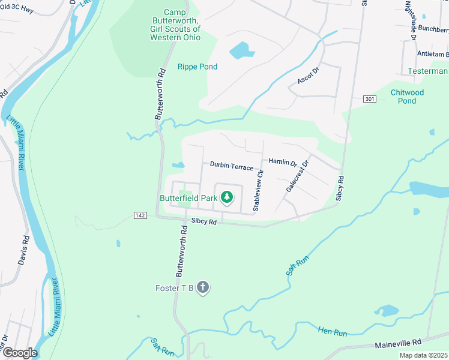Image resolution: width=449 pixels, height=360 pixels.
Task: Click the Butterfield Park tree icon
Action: pos(227,197)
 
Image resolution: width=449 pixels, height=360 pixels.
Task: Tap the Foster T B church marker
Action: pos(203,288)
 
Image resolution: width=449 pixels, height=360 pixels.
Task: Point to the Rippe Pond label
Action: pos(197,67)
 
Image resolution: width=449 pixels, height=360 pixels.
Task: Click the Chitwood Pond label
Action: pos(407,97)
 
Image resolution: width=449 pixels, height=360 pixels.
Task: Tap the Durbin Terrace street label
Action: pos(231,165)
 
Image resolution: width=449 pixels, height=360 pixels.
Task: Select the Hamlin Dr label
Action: pos(283,162)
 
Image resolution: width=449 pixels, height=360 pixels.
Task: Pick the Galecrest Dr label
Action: pos(297,176)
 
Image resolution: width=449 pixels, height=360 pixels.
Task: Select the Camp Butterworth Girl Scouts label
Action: pos(175,25)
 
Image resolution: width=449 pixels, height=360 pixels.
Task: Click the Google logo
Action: pos(20,353)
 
